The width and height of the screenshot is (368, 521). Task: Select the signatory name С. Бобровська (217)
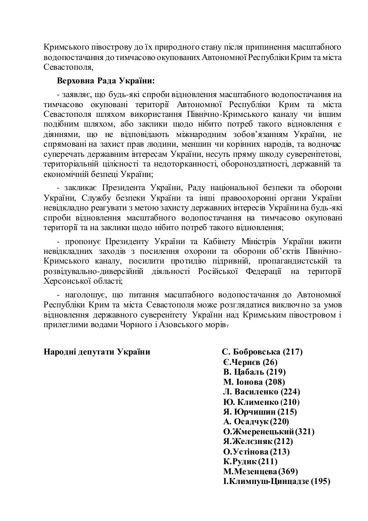tap(262, 352)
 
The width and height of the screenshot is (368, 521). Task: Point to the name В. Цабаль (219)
tap(254, 372)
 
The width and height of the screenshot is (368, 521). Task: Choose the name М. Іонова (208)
tap(254, 382)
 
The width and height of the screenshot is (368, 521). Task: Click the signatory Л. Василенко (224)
tap(262, 392)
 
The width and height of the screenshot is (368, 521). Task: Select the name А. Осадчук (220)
tap(256, 421)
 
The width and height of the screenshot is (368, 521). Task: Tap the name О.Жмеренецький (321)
tap(269, 431)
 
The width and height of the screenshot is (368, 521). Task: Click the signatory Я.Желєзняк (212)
tap(258, 441)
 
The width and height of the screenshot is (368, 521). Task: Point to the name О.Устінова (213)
tap(256, 451)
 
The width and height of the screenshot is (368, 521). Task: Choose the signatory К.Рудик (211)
tap(250, 461)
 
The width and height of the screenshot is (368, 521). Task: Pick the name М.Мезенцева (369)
tap(261, 471)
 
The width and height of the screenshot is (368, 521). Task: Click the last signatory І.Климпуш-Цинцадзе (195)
tap(277, 481)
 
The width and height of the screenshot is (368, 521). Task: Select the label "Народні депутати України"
tap(97, 352)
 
